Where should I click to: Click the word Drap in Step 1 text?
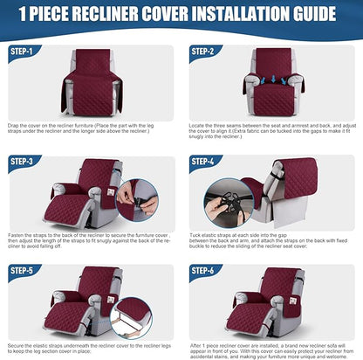click(x=15, y=125)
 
